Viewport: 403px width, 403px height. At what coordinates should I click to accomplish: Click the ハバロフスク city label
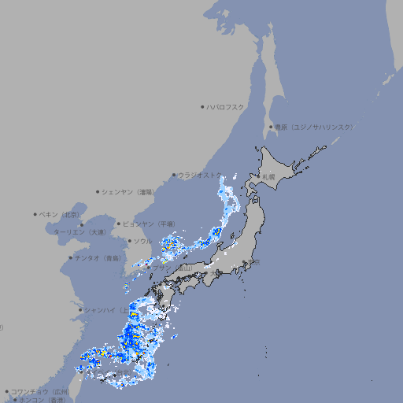[x=226, y=106]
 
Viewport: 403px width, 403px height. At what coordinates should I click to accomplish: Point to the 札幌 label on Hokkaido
[x=268, y=177]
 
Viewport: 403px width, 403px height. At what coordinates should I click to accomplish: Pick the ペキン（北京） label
[x=60, y=214]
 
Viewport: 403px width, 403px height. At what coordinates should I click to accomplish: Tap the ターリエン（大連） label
[x=79, y=232]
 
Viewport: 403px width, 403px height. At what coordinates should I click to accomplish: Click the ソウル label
[x=142, y=241]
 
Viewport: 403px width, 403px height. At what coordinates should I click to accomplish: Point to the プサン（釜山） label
[x=172, y=268]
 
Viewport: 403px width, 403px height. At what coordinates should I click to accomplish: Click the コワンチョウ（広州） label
[x=39, y=391]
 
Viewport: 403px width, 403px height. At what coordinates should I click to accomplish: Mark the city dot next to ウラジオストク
[x=174, y=176]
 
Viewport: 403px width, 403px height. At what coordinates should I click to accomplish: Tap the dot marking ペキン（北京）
[x=35, y=214]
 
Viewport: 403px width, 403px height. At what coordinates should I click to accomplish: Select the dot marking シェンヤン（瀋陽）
[x=98, y=191]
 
